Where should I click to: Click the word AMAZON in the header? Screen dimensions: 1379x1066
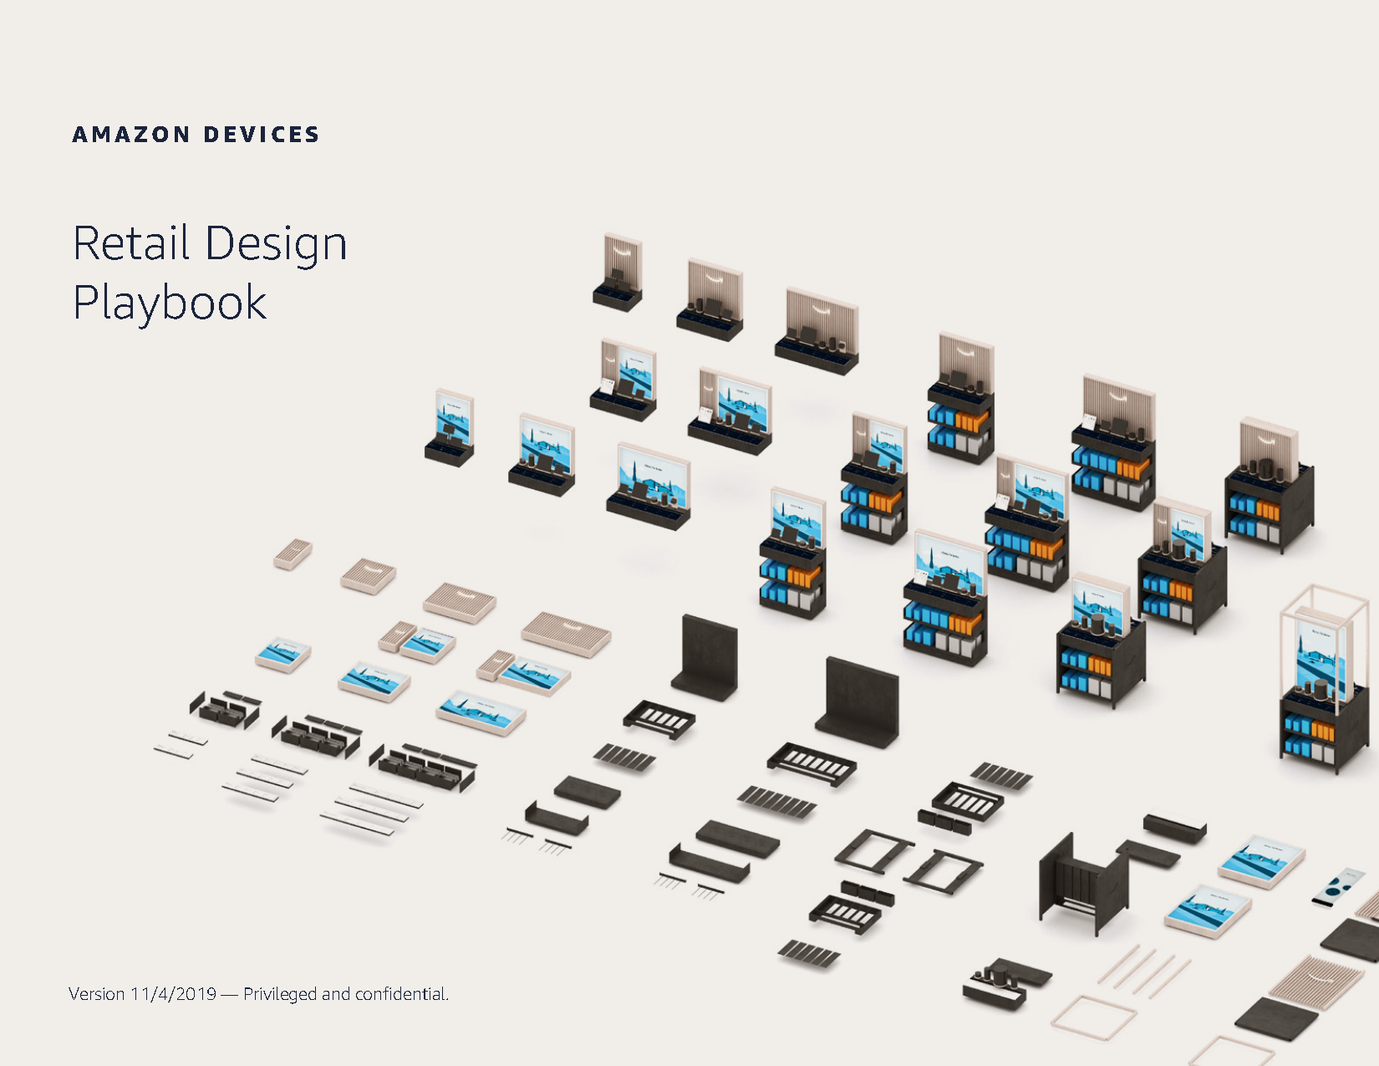pyautogui.click(x=131, y=135)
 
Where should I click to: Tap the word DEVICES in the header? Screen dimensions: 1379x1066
pyautogui.click(x=262, y=135)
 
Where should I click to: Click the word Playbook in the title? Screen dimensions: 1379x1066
pyautogui.click(x=170, y=303)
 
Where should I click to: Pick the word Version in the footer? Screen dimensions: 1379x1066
pyautogui.click(x=96, y=993)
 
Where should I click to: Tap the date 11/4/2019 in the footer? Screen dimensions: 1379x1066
pyautogui.click(x=173, y=993)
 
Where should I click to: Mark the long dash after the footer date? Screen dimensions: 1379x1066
pyautogui.click(x=230, y=994)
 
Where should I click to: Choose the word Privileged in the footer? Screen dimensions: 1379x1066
pyautogui.click(x=280, y=994)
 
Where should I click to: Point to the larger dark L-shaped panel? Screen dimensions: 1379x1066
pyautogui.click(x=857, y=703)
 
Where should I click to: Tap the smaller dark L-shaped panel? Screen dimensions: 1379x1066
pyautogui.click(x=705, y=658)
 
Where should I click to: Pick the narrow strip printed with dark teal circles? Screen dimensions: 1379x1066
pyautogui.click(x=1339, y=887)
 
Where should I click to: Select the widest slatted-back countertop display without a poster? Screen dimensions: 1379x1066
pyautogui.click(x=817, y=331)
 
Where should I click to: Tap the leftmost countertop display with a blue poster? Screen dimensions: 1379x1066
pyautogui.click(x=450, y=428)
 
